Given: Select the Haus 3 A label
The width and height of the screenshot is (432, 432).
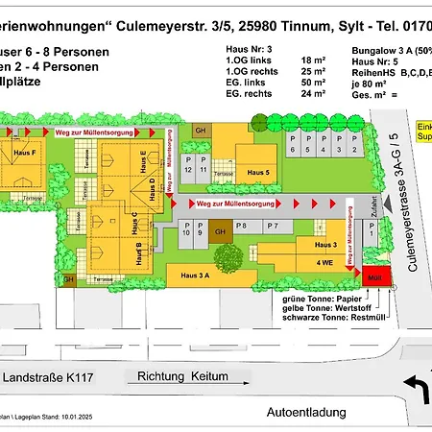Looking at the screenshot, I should (195, 274).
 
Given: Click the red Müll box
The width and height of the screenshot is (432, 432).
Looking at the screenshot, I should (372, 278).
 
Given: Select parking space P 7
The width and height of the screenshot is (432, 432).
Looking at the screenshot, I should (272, 227).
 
